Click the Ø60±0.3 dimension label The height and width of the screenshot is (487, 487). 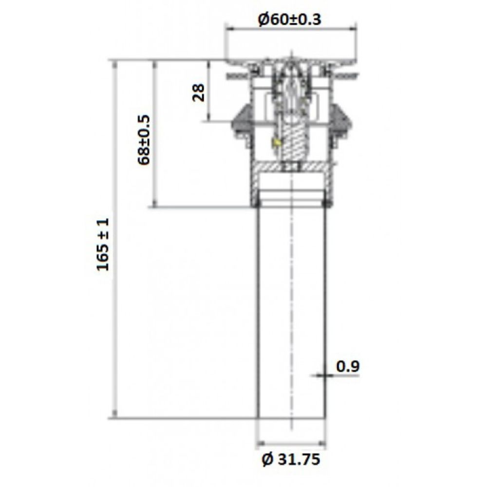pyautogui.click(x=290, y=20)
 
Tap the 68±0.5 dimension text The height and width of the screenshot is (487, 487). pyautogui.click(x=144, y=140)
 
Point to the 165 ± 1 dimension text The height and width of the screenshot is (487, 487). pyautogui.click(x=103, y=244)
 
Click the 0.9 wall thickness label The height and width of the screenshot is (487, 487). pyautogui.click(x=348, y=366)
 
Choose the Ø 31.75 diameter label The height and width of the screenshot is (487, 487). pyautogui.click(x=291, y=459)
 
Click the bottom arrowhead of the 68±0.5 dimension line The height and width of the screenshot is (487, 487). pyautogui.click(x=155, y=204)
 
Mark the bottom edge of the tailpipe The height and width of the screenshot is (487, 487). pyautogui.click(x=291, y=418)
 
